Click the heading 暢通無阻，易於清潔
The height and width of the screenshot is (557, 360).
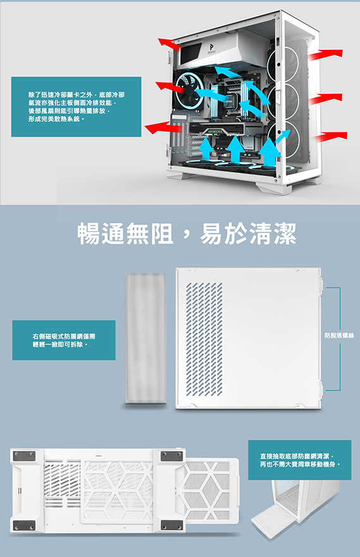(x=187, y=234)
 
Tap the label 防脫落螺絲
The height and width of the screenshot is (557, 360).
(x=339, y=335)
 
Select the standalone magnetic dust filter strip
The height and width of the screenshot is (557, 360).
(x=146, y=338)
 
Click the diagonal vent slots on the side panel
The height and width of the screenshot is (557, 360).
(x=205, y=339)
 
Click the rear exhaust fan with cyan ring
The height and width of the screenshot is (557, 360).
(x=189, y=90)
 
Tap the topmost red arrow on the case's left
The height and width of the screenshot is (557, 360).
(x=169, y=44)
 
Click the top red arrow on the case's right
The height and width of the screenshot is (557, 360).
(x=325, y=55)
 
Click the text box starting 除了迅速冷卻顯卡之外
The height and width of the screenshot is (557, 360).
(x=76, y=107)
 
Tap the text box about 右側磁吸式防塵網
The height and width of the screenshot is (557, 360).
(x=64, y=340)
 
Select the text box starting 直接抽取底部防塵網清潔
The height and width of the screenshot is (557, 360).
(x=299, y=460)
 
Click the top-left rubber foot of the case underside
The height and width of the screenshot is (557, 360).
(x=24, y=456)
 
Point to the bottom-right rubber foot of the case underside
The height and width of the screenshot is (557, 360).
(x=172, y=525)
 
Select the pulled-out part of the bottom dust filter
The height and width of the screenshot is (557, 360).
(x=212, y=491)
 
